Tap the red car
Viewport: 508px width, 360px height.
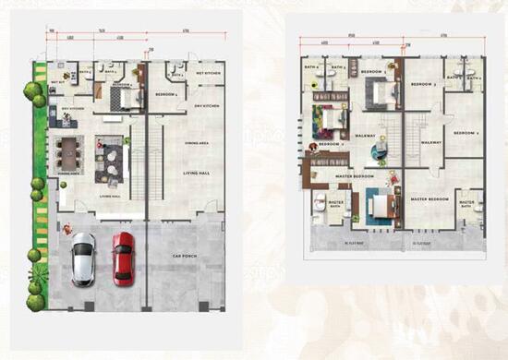(x=122, y=257)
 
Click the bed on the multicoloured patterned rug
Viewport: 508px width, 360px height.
(x=330, y=118)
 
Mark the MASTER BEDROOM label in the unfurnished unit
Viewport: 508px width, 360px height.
(x=429, y=198)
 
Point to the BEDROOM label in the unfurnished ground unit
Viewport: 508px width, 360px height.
(x=166, y=95)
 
